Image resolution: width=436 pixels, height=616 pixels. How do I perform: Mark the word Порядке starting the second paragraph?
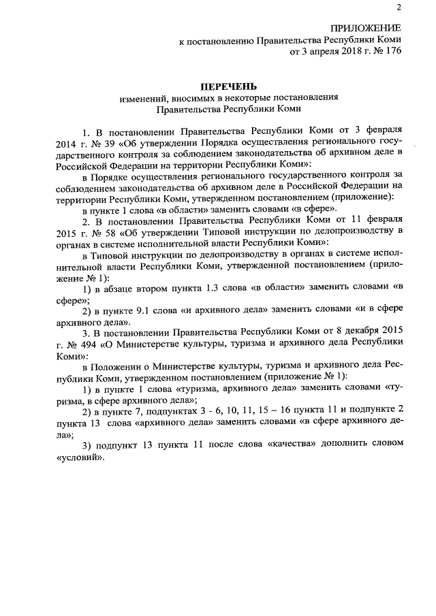click(x=115, y=176)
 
